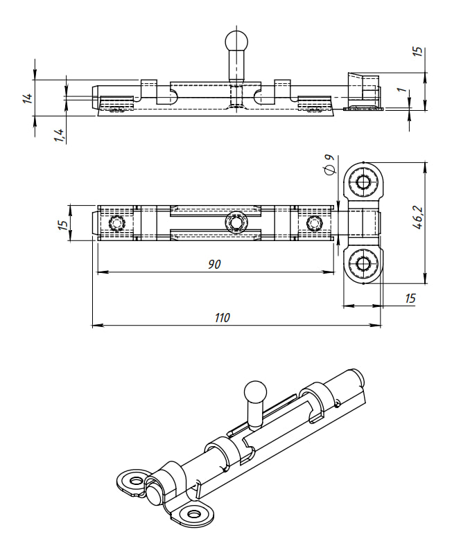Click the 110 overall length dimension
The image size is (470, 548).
222,318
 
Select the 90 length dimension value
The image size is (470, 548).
214,265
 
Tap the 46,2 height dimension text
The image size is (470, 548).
417,217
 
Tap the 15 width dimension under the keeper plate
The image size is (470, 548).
410,298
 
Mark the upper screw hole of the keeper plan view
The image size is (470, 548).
362,183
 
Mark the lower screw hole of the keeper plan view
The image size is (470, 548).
362,263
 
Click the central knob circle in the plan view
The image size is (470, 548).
236,223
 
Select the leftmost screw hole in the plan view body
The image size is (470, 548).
116,223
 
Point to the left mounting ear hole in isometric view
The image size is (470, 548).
134,479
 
